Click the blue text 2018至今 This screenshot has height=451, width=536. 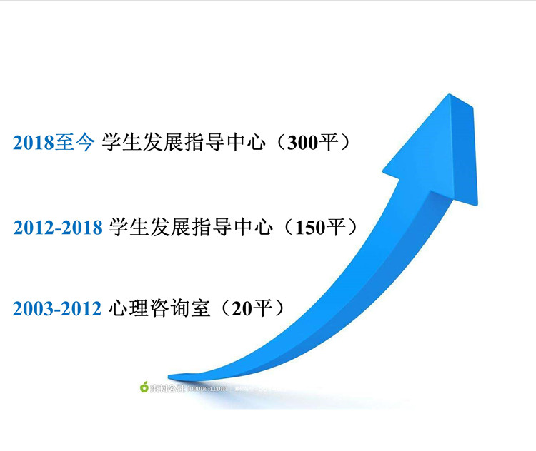point(54,142)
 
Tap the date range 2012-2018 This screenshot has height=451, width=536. point(59,228)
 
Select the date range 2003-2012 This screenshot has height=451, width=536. point(57,309)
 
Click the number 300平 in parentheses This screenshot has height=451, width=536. point(307,142)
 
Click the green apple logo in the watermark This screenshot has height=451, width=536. point(144,387)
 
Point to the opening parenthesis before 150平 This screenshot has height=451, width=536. point(289,228)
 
